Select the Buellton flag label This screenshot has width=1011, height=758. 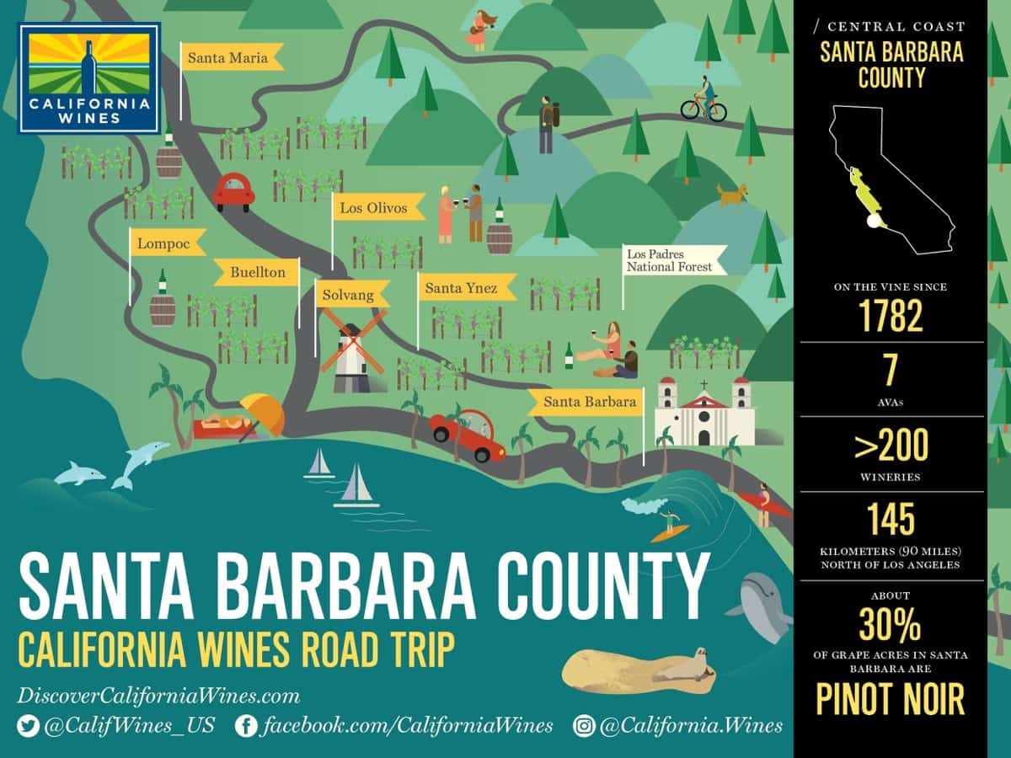[x=256, y=272]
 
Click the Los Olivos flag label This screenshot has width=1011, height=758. [x=377, y=207]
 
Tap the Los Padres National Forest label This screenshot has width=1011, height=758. [x=672, y=260]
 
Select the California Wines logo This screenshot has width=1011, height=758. [x=89, y=77]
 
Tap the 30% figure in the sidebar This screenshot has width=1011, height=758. [x=891, y=625]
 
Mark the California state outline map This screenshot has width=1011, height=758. [x=891, y=181]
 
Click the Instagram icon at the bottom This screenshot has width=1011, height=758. [x=584, y=726]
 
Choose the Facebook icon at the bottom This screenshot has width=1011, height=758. [x=246, y=726]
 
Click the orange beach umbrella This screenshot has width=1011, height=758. [x=264, y=412]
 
